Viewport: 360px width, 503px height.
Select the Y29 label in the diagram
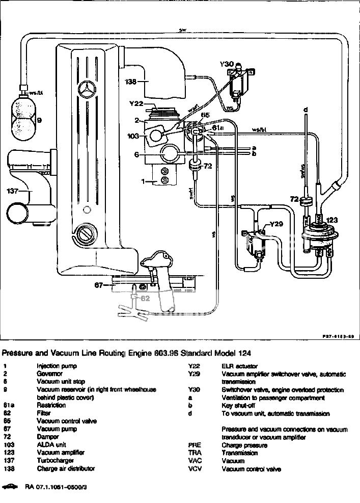[275, 223]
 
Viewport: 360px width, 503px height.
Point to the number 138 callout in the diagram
[131, 81]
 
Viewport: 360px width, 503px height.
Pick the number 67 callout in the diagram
[100, 285]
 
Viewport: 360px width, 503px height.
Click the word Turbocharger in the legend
[55, 461]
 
